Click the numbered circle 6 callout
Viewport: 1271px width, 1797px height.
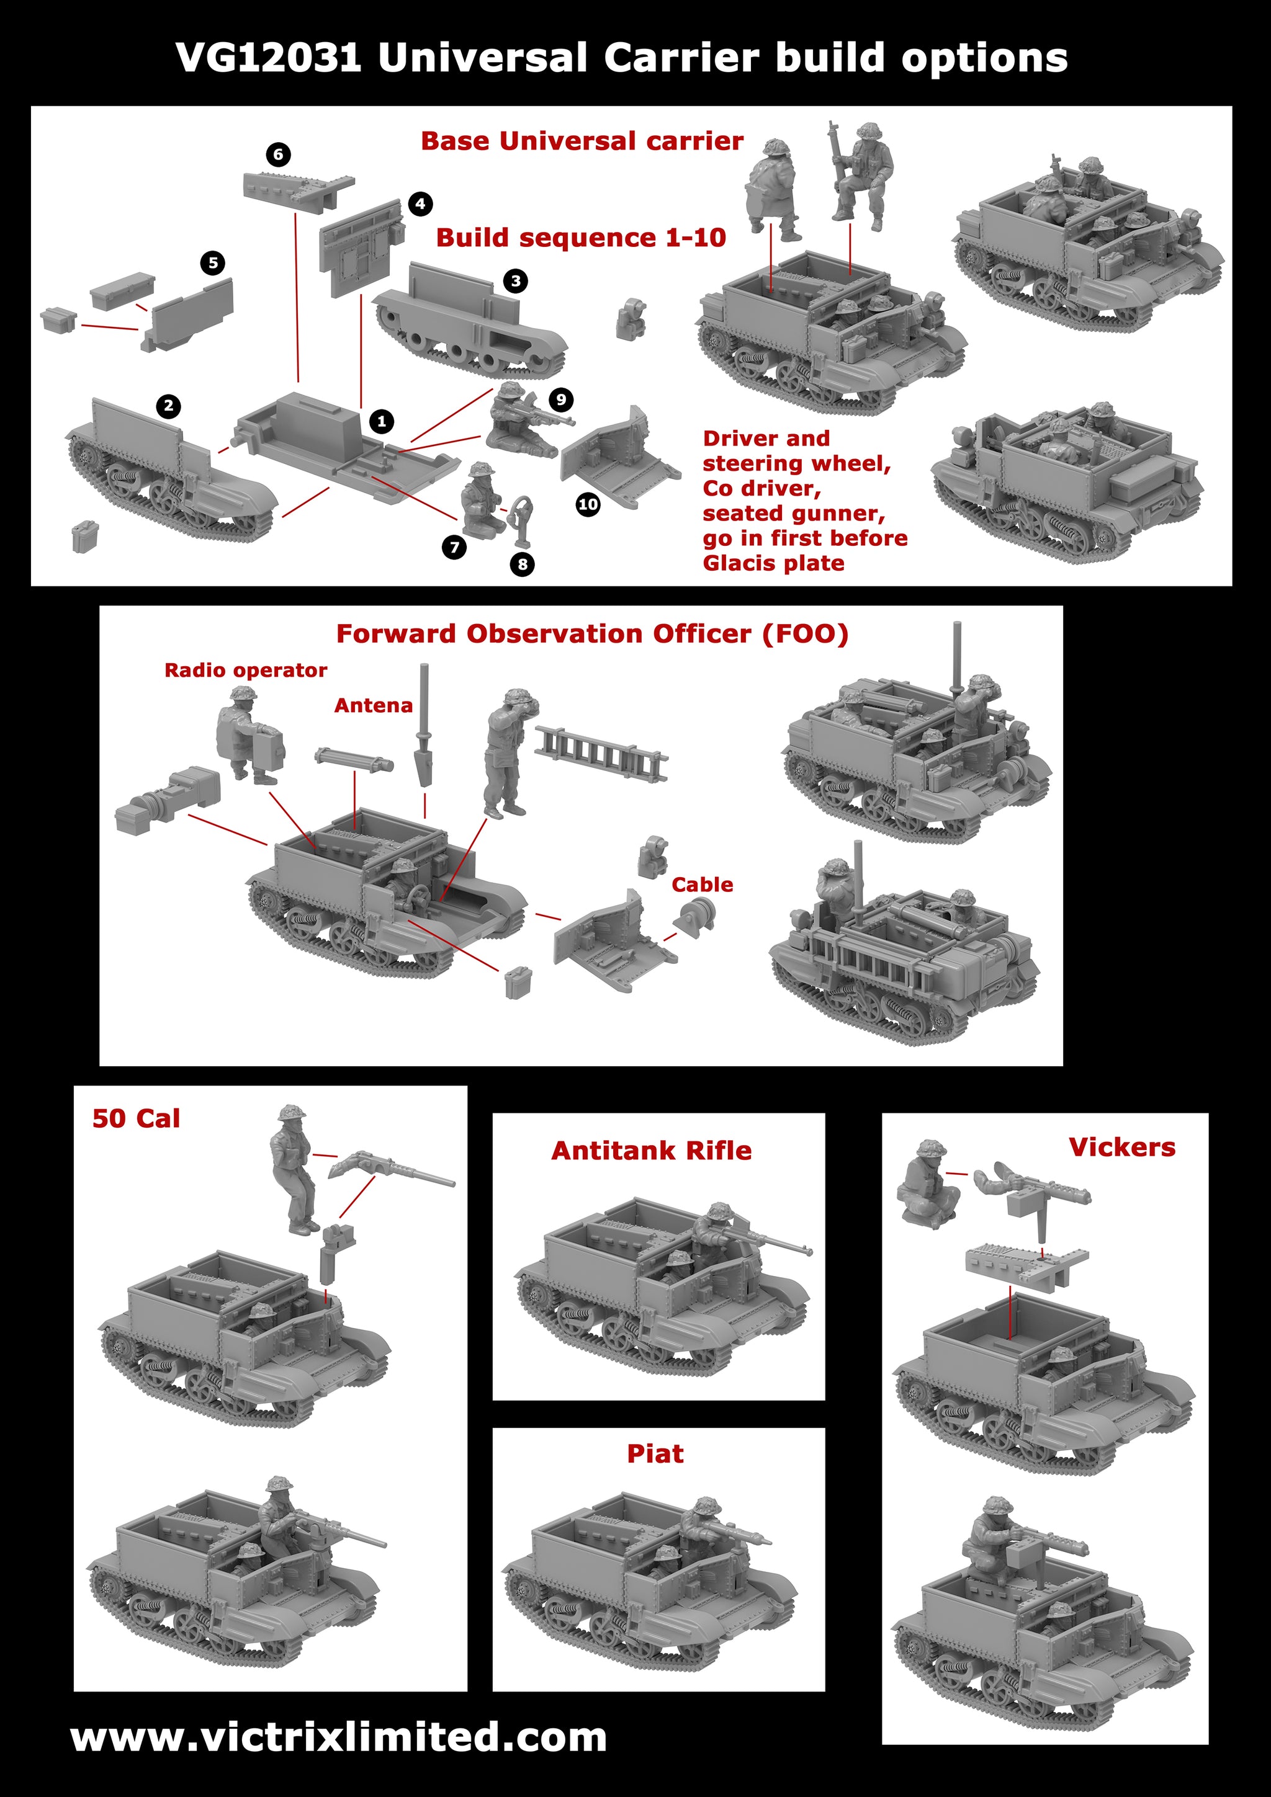pyautogui.click(x=278, y=154)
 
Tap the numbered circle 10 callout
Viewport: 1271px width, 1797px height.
pyautogui.click(x=588, y=505)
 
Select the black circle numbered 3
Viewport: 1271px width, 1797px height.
pyautogui.click(x=515, y=281)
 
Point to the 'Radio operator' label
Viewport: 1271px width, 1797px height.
pyautogui.click(x=245, y=670)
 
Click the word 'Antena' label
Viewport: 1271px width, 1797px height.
pyautogui.click(x=374, y=706)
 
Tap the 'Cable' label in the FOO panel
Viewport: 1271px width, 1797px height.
pyautogui.click(x=703, y=885)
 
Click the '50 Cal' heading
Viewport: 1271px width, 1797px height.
pyautogui.click(x=137, y=1118)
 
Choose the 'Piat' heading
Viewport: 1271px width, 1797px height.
pyautogui.click(x=655, y=1454)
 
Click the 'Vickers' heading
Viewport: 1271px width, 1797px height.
pyautogui.click(x=1121, y=1148)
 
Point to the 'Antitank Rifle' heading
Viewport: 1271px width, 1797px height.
pyautogui.click(x=651, y=1151)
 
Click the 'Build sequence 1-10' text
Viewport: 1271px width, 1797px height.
pyautogui.click(x=580, y=238)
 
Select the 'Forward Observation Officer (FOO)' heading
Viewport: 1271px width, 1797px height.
pyautogui.click(x=592, y=634)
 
